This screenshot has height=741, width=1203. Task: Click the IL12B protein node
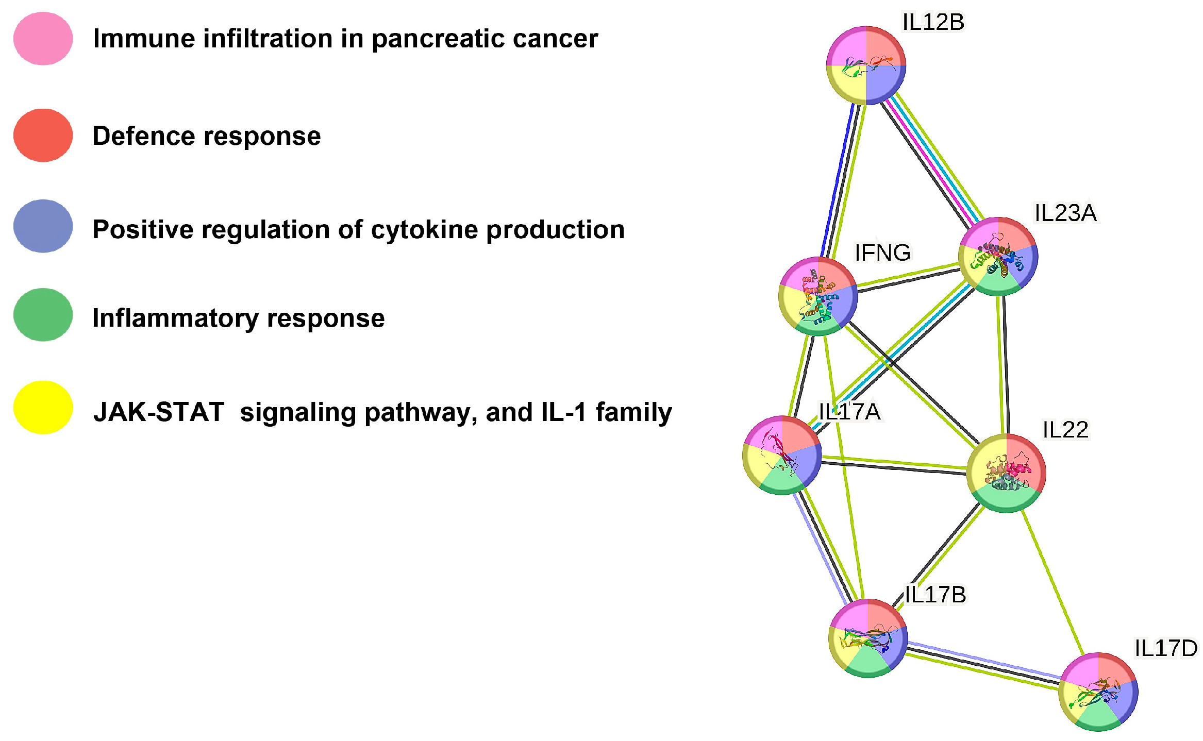pyautogui.click(x=866, y=65)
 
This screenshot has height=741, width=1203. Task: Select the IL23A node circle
pyautogui.click(x=998, y=256)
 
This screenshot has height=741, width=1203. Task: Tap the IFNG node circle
pyautogui.click(x=818, y=296)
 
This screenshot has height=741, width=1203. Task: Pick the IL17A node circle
pyautogui.click(x=782, y=455)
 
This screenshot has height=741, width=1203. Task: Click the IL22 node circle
pyautogui.click(x=1006, y=473)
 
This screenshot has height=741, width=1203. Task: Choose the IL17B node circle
pyautogui.click(x=868, y=638)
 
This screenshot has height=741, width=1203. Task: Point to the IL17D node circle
pyautogui.click(x=1098, y=692)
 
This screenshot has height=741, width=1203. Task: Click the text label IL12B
pyautogui.click(x=933, y=22)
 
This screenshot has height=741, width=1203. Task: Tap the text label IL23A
pyautogui.click(x=1065, y=213)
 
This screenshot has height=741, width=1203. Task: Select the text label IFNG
pyautogui.click(x=882, y=252)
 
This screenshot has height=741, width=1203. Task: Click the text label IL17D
pyautogui.click(x=1166, y=648)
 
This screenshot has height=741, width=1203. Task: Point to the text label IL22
pyautogui.click(x=1065, y=430)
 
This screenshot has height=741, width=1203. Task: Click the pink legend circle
pyautogui.click(x=43, y=39)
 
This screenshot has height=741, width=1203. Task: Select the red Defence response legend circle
pyautogui.click(x=43, y=136)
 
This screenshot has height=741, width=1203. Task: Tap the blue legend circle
pyautogui.click(x=43, y=226)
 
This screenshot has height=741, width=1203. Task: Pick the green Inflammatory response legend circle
pyautogui.click(x=43, y=315)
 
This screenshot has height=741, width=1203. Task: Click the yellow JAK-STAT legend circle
pyautogui.click(x=43, y=408)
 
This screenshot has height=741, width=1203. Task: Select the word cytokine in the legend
pyautogui.click(x=424, y=230)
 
